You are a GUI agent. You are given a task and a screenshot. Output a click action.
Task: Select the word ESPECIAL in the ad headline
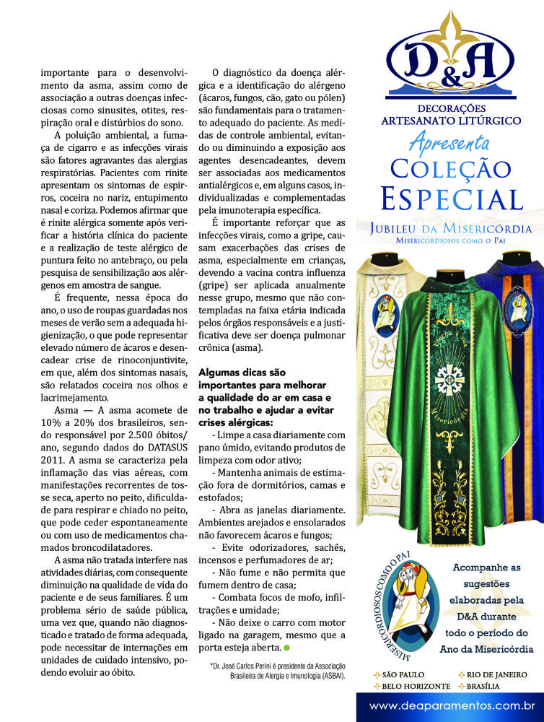click(451, 197)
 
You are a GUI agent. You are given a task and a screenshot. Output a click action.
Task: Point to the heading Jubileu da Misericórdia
click(451, 228)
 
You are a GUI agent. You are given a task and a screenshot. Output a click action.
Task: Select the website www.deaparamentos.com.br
click(452, 705)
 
